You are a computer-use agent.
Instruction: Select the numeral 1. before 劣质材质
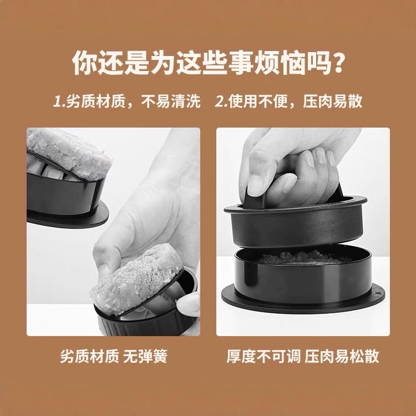coord(59,102)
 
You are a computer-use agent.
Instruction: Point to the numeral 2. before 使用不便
coord(221,102)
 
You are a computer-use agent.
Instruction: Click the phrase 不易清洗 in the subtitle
coord(171,102)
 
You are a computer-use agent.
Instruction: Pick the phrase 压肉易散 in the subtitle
coord(333,102)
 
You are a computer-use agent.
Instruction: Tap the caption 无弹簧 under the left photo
coord(145,356)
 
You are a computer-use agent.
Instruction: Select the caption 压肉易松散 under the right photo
coord(342,356)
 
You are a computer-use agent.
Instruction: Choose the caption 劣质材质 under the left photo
coord(90,356)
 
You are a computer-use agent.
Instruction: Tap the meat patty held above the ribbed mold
coord(136,279)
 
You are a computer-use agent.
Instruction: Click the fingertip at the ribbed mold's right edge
coord(189,303)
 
